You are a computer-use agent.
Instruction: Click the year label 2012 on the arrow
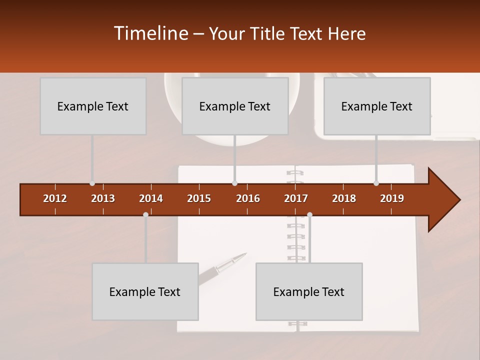coord(55,198)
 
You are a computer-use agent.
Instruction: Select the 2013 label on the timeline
coord(103,198)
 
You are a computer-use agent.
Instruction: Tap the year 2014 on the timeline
coord(151,198)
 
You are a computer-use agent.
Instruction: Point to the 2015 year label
coord(199,198)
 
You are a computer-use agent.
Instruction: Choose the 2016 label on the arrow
coord(248,198)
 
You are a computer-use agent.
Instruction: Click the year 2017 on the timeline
coord(296,198)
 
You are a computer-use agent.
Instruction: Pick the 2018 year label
coord(344,198)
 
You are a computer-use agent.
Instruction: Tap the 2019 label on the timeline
coord(392,198)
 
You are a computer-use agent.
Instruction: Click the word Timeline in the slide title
coord(150,33)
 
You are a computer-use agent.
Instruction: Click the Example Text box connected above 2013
coord(93,106)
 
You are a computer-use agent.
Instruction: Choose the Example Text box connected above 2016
coord(235,106)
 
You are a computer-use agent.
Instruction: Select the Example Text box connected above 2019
coord(377,106)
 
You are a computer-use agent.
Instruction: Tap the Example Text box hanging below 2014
coord(145,291)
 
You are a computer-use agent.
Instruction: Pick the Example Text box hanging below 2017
coord(309,291)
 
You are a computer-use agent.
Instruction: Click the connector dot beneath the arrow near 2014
coord(145,214)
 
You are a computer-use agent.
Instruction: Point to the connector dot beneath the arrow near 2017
coord(309,214)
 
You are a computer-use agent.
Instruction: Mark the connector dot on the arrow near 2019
coord(376,183)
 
